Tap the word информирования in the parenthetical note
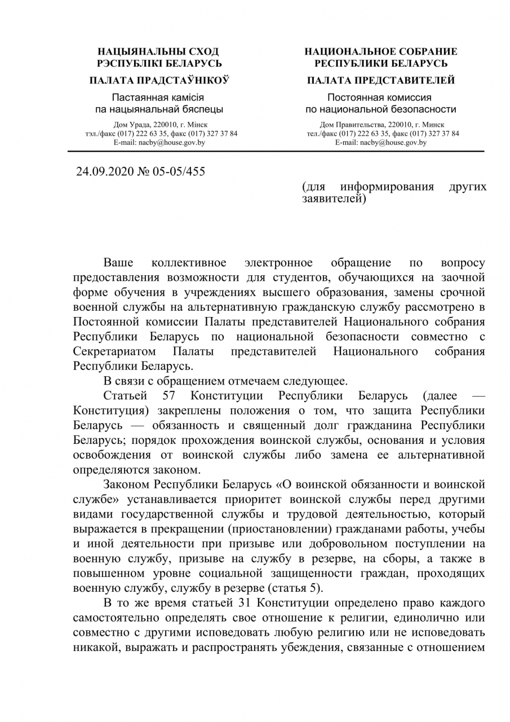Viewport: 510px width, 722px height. coord(387,187)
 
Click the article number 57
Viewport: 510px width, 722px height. coord(170,395)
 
